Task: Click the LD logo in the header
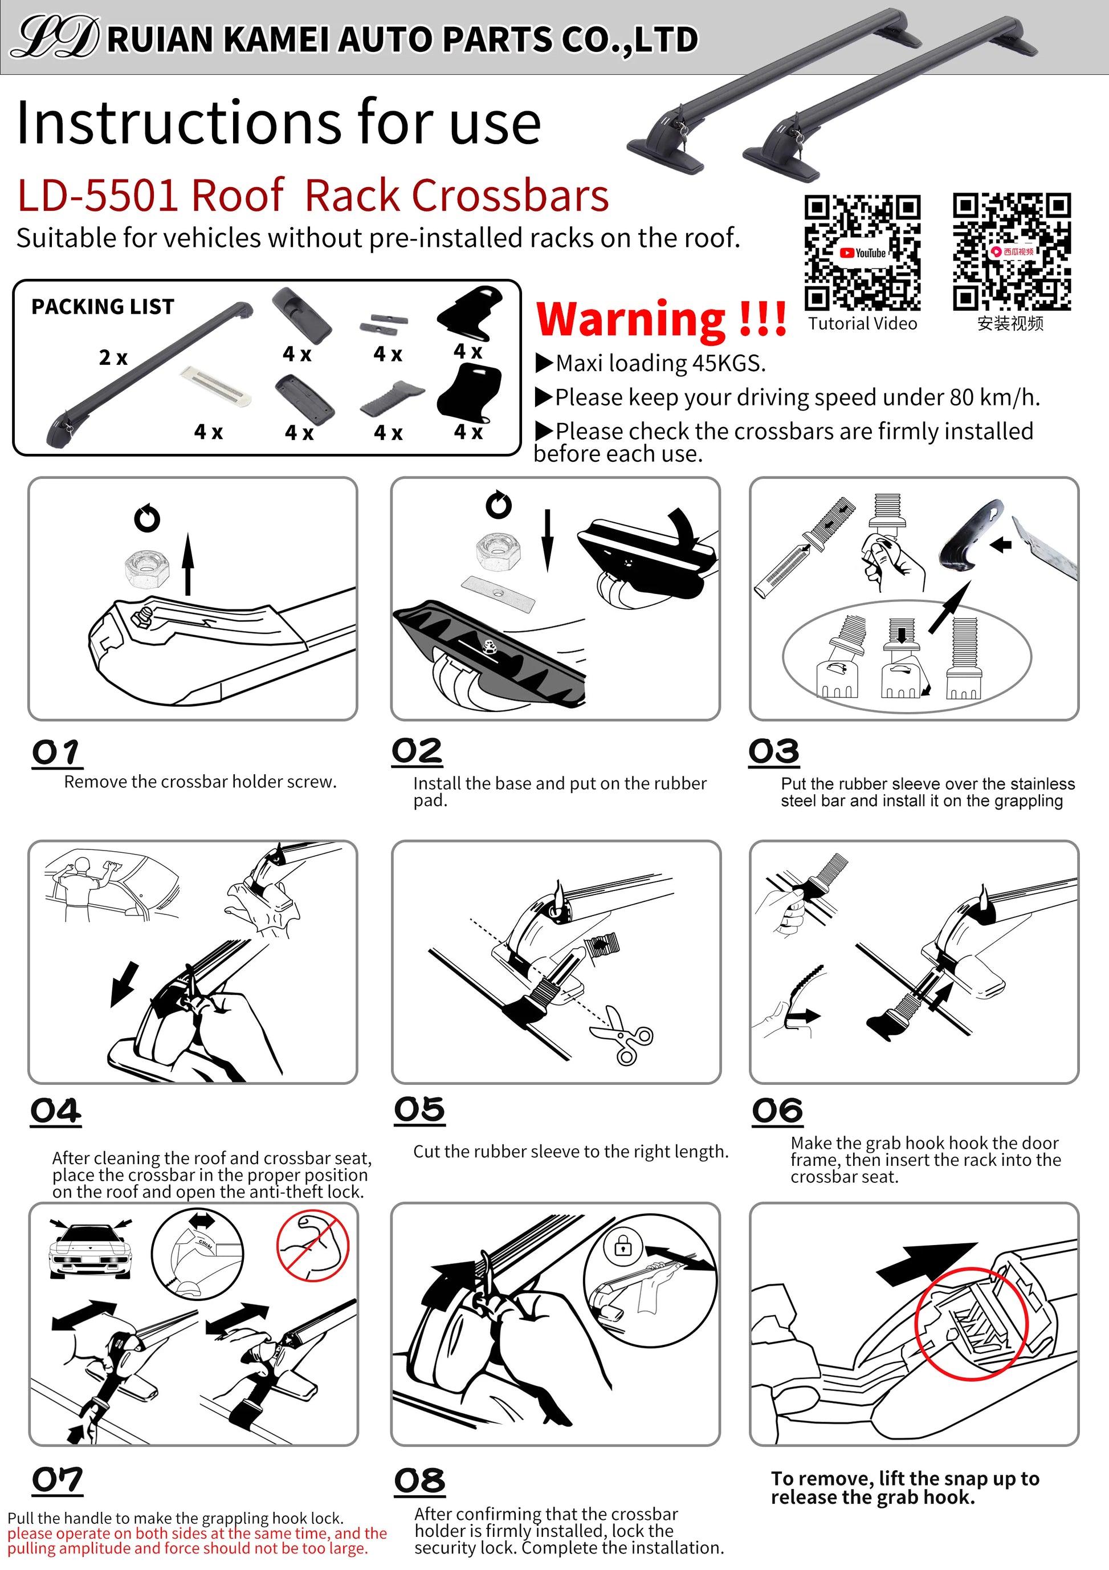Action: click(x=56, y=38)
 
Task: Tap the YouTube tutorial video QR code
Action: click(x=862, y=253)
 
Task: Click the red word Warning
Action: click(x=632, y=319)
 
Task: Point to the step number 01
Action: click(x=56, y=753)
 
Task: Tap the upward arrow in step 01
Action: click(x=188, y=564)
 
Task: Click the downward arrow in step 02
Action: click(x=547, y=540)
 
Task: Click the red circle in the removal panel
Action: click(x=971, y=1323)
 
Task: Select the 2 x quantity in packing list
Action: click(x=113, y=357)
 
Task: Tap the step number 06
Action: click(x=777, y=1111)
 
